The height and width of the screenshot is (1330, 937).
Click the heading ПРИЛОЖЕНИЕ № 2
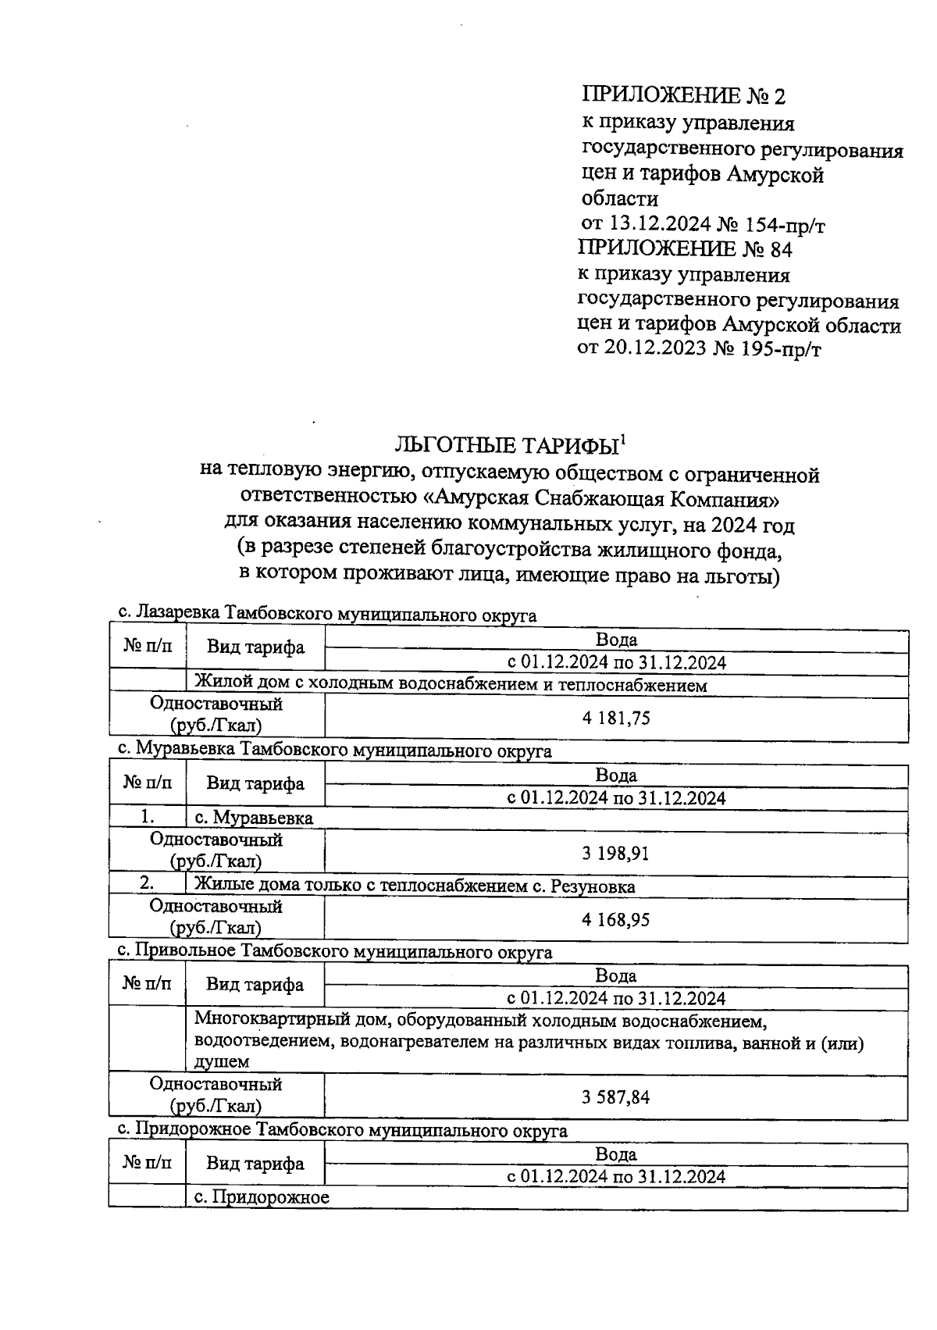point(683,95)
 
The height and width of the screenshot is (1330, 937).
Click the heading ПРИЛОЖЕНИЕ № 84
point(684,249)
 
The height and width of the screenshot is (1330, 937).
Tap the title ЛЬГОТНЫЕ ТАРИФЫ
point(507,447)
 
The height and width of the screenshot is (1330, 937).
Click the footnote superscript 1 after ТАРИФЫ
point(623,438)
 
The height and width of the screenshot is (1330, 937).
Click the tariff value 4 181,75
point(616,718)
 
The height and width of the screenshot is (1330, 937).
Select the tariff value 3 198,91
point(615,854)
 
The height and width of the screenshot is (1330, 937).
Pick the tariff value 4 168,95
point(615,920)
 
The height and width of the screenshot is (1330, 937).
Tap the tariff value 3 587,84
point(615,1097)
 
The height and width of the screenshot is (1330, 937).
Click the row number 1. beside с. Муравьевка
point(148,818)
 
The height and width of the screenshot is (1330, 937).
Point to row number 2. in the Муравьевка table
point(147,885)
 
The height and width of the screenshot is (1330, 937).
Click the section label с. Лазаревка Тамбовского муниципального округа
point(326,615)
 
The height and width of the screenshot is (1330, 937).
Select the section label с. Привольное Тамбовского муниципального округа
point(334,952)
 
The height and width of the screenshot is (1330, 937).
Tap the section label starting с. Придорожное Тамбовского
point(342,1130)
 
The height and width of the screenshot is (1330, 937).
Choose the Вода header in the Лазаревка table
point(616,640)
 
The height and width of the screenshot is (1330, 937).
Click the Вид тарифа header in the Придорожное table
point(255,1164)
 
